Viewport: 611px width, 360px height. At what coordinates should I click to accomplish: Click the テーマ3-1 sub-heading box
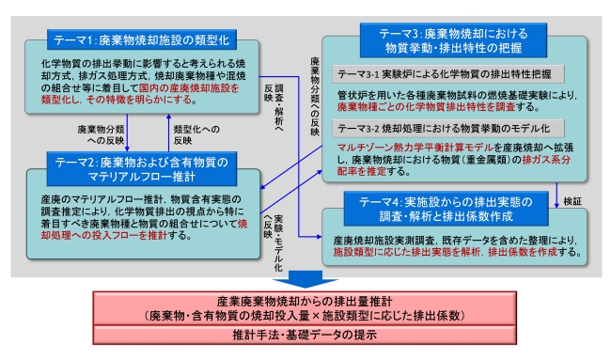click(x=450, y=73)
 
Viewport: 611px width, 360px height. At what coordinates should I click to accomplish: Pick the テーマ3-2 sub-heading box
click(x=449, y=127)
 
